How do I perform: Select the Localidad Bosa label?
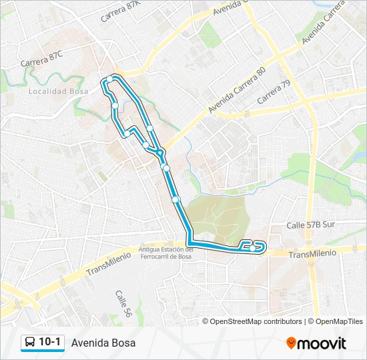point(58,91)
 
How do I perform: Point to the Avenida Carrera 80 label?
point(237,89)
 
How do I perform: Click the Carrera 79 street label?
point(274,92)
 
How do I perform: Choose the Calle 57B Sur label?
point(310,225)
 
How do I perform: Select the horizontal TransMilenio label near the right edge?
point(313,253)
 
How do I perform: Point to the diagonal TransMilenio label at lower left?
point(109,263)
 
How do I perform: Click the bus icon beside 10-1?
point(29,343)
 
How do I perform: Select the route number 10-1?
point(50,343)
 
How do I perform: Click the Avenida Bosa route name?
point(103,343)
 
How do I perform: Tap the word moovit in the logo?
point(322,343)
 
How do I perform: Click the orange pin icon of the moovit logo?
point(291,343)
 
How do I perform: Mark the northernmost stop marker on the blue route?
point(111,79)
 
